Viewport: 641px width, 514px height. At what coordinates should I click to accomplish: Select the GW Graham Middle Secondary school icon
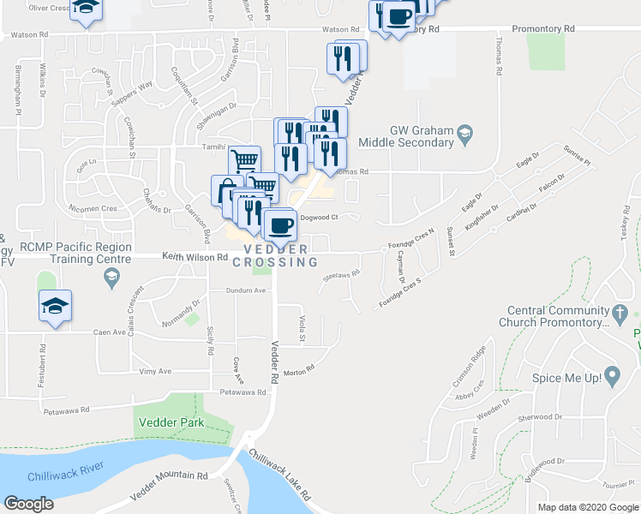tap(464, 133)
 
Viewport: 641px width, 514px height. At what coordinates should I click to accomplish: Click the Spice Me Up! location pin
tap(612, 375)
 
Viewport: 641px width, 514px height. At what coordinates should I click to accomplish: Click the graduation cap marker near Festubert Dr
tap(55, 308)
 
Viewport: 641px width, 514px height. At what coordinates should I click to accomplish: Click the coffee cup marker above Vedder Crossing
tap(279, 225)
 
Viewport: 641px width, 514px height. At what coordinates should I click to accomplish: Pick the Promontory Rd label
tap(543, 28)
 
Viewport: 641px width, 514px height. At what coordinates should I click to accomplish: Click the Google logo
tap(29, 504)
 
